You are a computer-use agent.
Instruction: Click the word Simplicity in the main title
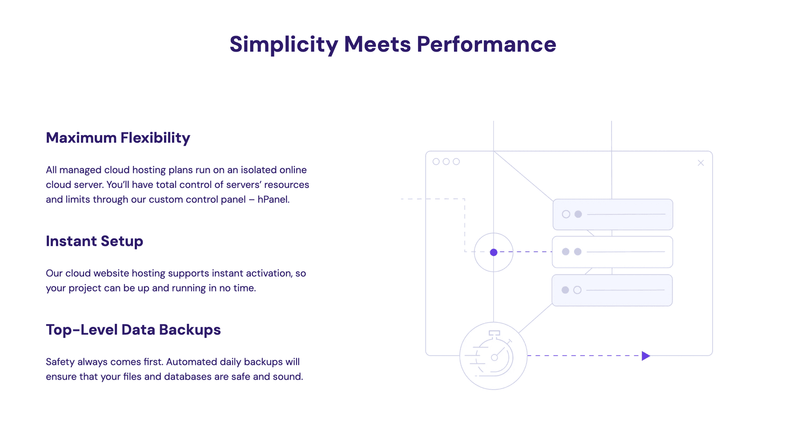284,45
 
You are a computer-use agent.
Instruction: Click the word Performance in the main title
486,45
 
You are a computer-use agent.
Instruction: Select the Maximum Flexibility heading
118,138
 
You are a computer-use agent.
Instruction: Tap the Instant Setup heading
94,241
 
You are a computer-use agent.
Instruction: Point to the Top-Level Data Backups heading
133,330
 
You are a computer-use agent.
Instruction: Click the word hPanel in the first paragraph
273,200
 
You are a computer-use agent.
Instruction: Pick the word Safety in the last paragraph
60,362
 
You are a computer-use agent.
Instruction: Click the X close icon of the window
701,163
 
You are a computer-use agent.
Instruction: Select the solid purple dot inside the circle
494,252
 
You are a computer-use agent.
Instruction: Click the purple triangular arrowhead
646,356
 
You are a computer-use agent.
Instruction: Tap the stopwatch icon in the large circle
494,355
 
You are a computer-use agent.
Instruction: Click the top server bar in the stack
612,215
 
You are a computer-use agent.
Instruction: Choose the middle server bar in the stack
612,252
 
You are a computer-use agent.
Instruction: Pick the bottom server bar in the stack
612,290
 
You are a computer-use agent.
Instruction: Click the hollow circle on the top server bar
566,214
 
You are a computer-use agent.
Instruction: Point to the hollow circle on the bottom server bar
578,290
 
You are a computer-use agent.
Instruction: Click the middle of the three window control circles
446,162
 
